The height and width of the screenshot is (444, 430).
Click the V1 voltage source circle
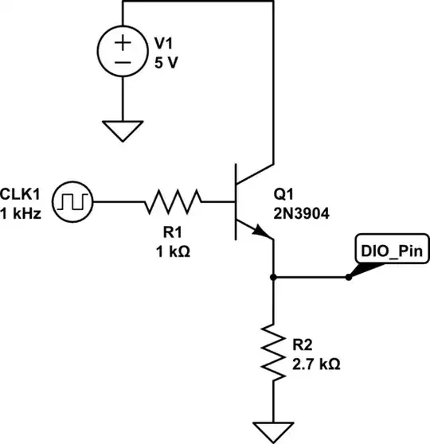123,51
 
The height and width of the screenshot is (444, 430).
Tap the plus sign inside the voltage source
123,41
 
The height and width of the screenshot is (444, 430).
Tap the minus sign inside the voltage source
123,62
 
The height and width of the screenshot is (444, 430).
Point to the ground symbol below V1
123,130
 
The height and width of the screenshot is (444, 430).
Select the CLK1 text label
23,193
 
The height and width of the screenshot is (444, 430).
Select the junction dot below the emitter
273,278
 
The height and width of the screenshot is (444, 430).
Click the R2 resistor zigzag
273,351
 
